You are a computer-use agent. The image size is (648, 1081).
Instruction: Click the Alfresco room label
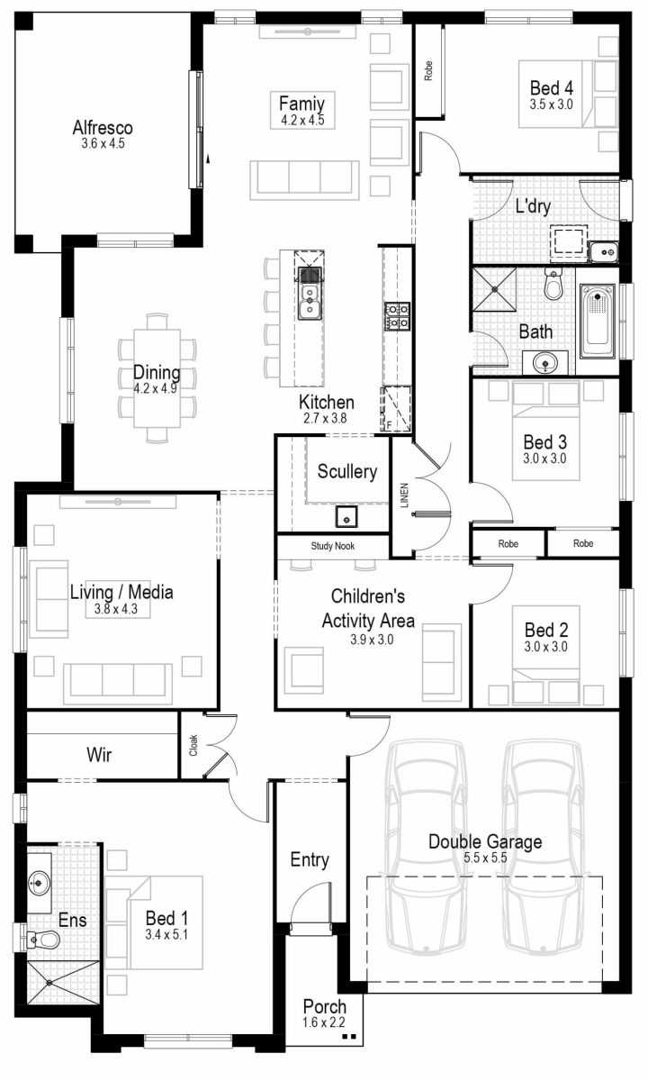tap(103, 127)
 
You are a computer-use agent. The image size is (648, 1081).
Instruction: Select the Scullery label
tap(346, 471)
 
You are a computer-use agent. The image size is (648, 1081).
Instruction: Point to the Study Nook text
tap(333, 546)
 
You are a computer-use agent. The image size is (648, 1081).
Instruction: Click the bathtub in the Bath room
tap(598, 321)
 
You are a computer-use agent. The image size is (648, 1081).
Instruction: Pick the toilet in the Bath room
tap(553, 285)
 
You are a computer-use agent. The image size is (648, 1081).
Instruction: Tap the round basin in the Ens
tap(40, 879)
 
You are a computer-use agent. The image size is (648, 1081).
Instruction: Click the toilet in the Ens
tap(44, 940)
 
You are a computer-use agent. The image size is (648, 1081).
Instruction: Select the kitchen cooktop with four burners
tap(398, 315)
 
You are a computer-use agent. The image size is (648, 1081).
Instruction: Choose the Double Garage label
tap(484, 842)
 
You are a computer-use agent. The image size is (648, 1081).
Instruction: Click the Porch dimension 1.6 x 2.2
tap(324, 1022)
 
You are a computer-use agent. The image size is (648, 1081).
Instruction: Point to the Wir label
tap(99, 755)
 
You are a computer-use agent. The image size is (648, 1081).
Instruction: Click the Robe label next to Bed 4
tap(428, 70)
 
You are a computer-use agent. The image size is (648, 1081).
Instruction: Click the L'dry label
tap(533, 206)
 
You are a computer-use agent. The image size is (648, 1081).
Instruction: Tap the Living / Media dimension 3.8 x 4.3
tap(121, 610)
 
